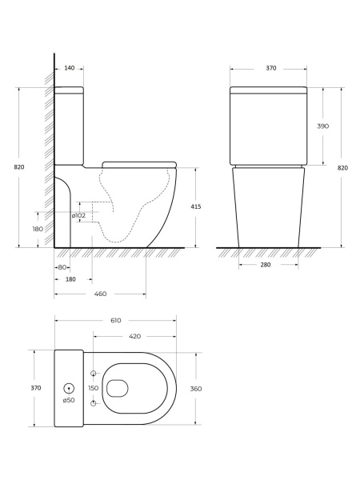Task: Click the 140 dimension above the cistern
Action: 70,68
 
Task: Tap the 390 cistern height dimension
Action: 322,126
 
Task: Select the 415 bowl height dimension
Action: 196,206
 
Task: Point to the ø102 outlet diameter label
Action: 78,215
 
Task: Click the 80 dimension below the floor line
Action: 62,267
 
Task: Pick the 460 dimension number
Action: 101,294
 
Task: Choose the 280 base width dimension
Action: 266,265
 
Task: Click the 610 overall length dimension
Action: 116,321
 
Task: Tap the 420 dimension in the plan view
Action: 134,337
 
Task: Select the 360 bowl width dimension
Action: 196,389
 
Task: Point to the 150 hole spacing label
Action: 94,388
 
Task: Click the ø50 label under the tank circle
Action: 69,400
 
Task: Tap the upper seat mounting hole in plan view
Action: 94,373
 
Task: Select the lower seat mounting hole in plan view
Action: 94,403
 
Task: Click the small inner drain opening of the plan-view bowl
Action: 118,389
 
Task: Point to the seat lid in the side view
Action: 139,165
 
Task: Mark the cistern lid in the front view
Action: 269,90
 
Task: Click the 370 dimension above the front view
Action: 271,68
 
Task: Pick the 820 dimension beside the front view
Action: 342,168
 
